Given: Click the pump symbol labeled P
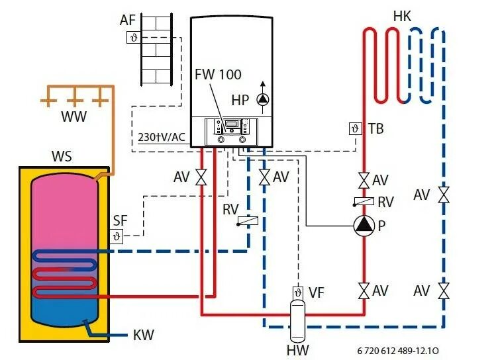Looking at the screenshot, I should click(364, 226).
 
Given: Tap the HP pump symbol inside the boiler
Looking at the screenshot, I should click(263, 100).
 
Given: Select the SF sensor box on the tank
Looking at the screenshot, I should click(117, 236).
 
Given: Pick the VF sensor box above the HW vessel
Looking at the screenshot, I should click(297, 292).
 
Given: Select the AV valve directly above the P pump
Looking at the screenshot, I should click(364, 180).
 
